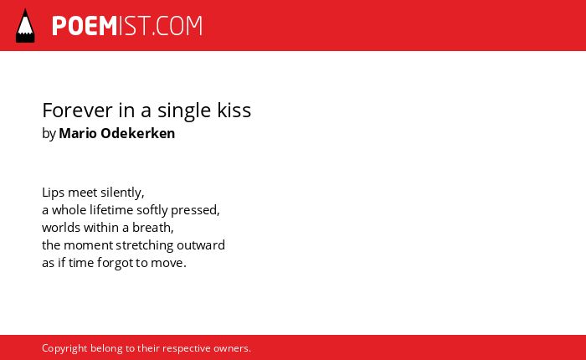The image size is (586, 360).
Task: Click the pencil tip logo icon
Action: [25, 26]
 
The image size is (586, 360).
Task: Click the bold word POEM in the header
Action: [85, 26]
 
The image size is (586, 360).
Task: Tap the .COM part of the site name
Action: [177, 26]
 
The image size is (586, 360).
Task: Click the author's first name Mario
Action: [77, 133]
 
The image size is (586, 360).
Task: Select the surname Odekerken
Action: [138, 133]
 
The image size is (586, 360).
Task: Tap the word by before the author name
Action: [49, 134]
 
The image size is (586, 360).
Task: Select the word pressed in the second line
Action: [195, 211]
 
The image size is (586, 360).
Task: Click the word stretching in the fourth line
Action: [145, 246]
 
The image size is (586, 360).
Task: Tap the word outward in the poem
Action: [201, 245]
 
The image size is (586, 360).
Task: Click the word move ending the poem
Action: [167, 263]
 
